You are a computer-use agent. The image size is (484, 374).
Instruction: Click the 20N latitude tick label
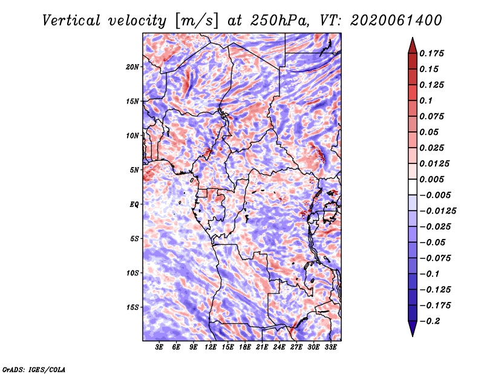(132, 67)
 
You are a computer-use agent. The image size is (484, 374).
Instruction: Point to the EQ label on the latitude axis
(134, 205)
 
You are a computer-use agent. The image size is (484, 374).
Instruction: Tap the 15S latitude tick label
(132, 307)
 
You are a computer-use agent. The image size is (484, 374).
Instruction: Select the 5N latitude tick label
(134, 170)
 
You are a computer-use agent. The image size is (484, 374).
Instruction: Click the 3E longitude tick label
(160, 347)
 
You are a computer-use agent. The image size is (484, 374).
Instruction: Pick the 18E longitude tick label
(244, 347)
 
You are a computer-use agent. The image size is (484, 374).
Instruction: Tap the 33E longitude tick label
(330, 347)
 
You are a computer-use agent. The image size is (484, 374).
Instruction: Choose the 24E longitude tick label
(279, 347)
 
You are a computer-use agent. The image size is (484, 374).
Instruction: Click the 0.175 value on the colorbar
(433, 53)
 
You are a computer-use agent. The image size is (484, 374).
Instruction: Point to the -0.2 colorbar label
(431, 321)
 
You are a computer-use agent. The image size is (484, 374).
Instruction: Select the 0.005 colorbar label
(433, 179)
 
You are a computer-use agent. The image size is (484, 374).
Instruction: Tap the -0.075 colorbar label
(436, 258)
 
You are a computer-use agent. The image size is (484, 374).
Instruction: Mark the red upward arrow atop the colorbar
(411, 44)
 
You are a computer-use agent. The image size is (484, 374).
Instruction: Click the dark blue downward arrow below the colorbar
(411, 329)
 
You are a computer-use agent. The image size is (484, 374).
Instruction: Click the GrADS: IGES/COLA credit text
(34, 369)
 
